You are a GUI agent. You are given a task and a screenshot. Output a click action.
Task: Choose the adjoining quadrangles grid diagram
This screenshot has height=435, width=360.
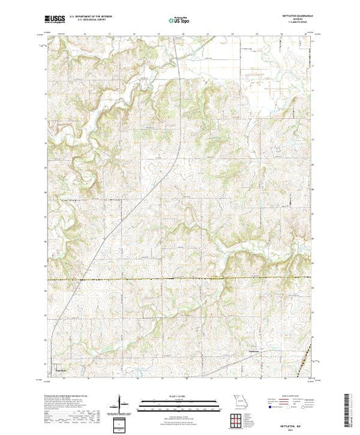pos(239,419)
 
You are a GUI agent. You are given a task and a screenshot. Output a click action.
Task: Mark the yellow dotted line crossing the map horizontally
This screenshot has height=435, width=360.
pos(179,278)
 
